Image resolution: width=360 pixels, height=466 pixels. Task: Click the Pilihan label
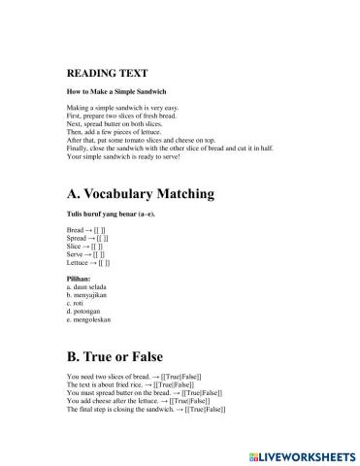(x=81, y=279)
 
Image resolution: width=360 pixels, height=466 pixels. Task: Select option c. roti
(x=77, y=303)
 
